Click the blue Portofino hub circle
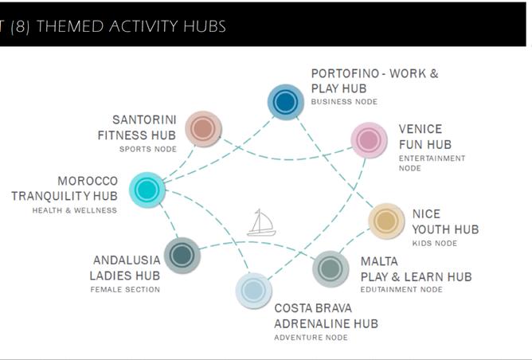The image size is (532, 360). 285,102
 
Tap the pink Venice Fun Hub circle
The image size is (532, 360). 369,140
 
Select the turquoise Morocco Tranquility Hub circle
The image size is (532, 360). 147,190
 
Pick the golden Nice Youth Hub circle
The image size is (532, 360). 386,221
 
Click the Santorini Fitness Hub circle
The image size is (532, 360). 203,128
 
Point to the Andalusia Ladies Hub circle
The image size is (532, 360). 182,255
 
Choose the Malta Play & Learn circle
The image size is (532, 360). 331,268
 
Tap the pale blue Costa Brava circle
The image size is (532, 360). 253,291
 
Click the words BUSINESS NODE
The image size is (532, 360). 344,102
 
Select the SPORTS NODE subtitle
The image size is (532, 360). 148,149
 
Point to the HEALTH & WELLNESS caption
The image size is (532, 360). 75,210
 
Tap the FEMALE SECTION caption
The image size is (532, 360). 125,289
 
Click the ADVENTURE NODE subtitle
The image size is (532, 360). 311,338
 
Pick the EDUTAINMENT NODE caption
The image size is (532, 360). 401,289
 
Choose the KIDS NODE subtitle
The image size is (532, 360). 435,243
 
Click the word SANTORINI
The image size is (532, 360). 144,119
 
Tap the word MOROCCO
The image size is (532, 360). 88,181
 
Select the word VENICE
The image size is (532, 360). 421,129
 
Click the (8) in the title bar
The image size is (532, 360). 20,26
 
